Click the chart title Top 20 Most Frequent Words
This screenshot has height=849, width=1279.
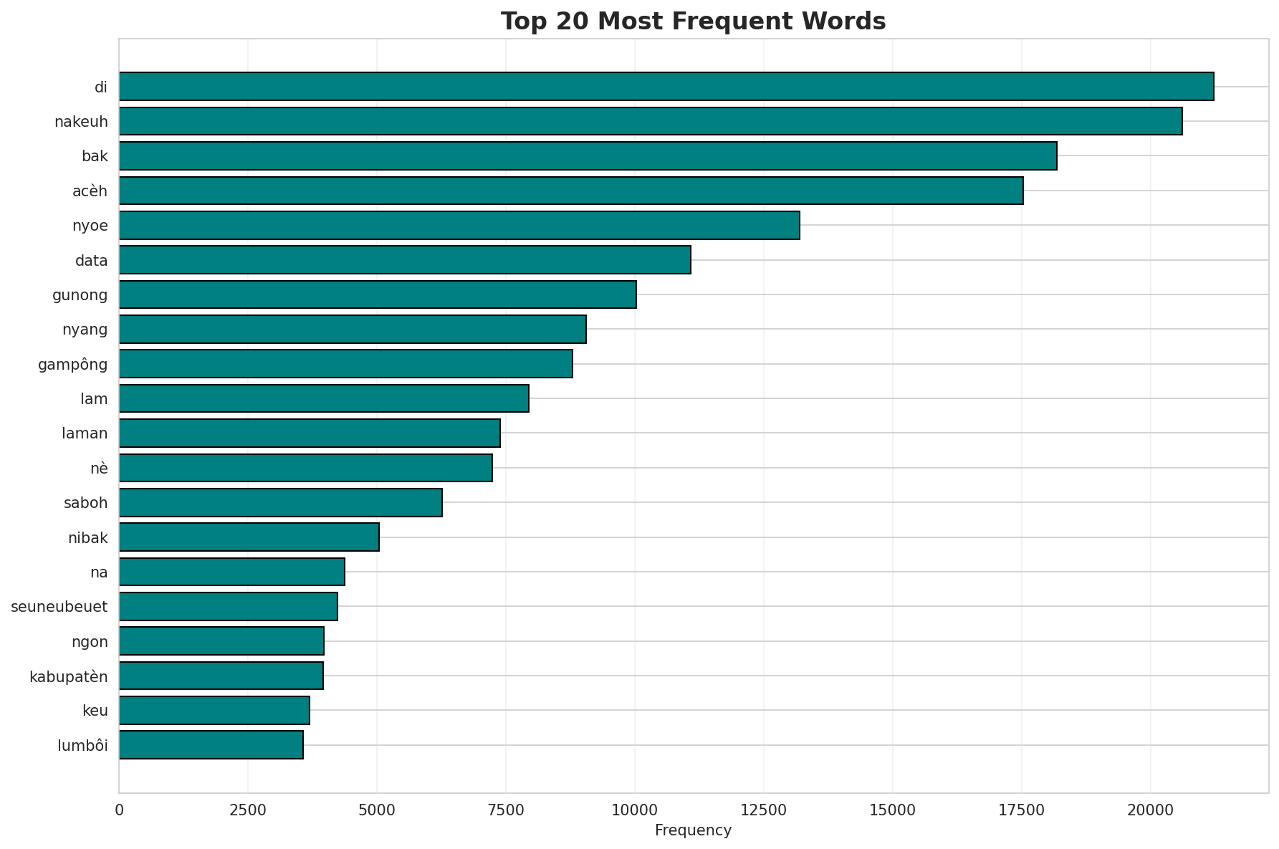693,21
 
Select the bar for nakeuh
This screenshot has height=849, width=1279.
651,121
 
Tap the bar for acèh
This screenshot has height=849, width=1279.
571,191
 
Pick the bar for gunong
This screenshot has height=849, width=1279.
378,294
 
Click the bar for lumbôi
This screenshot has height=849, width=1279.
211,745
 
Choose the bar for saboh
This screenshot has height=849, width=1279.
281,502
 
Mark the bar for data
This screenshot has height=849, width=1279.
405,260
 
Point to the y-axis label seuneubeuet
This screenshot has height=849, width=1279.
59,607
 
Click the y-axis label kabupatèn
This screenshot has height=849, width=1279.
69,676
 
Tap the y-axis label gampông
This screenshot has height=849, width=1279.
73,365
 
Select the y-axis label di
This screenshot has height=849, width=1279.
101,87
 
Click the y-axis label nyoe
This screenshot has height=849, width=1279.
90,226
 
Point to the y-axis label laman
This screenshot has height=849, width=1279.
85,433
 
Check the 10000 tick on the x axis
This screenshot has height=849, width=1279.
634,810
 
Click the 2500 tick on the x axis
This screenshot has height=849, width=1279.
248,810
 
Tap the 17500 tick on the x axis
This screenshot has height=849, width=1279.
1021,810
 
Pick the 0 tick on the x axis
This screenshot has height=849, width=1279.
119,810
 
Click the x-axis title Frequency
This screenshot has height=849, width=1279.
693,830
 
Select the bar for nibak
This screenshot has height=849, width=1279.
249,537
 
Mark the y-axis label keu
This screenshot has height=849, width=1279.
95,711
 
